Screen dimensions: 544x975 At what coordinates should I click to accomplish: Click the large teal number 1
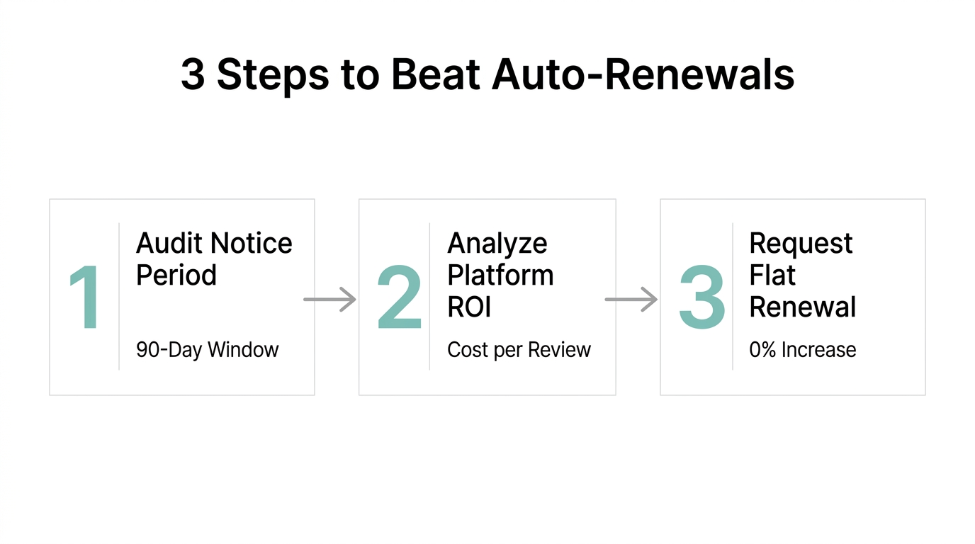[x=85, y=297]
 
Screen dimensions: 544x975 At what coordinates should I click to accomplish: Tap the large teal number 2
[x=399, y=297]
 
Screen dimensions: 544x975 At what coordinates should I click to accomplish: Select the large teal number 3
[x=701, y=297]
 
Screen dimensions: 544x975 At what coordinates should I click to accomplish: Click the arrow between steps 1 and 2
[x=329, y=300]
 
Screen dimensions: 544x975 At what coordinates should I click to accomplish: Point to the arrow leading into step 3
[x=631, y=300]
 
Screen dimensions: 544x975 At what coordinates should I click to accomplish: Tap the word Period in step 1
[x=176, y=275]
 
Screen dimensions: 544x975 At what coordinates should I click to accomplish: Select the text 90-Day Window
[x=207, y=350]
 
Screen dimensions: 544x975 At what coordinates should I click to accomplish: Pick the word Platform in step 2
[x=500, y=275]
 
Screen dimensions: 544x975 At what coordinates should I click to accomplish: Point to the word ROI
[x=469, y=307]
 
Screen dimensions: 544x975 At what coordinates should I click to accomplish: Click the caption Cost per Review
[x=519, y=350]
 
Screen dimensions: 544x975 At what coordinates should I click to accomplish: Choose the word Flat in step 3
[x=772, y=275]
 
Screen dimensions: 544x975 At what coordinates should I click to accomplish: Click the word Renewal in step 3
[x=803, y=307]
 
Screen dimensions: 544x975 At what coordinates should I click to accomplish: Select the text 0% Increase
[x=802, y=350]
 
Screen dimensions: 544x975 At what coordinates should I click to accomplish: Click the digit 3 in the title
[x=193, y=74]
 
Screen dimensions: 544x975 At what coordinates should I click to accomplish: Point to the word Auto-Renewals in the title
[x=643, y=74]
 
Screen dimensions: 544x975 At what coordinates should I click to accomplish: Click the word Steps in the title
[x=273, y=74]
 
